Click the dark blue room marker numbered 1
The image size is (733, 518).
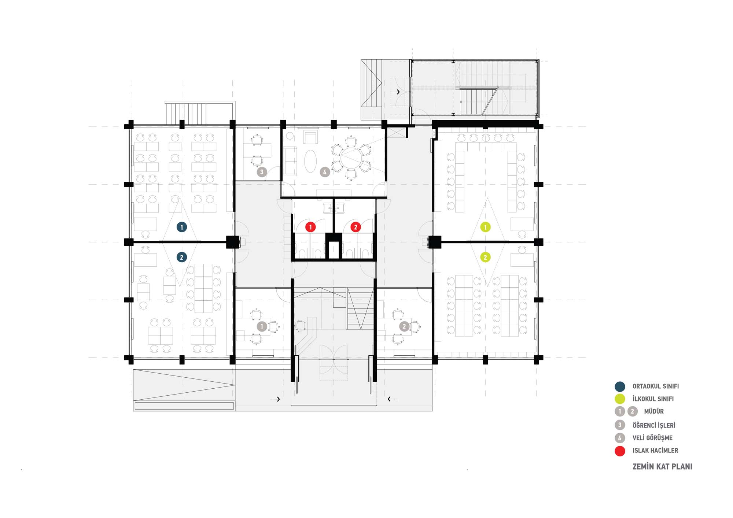pos(182,227)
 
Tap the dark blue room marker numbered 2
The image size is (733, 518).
pos(182,257)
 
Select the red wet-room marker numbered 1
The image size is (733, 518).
pos(310,227)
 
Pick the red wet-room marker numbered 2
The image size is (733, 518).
pos(356,227)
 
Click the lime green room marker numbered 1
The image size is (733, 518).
pos(486,227)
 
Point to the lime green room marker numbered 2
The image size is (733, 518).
pos(486,257)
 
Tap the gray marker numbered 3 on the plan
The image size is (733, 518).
pos(262,172)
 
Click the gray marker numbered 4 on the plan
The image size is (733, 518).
pos(325,172)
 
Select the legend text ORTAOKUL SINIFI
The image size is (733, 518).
pos(656,386)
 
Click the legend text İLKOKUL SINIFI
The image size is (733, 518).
pos(653,399)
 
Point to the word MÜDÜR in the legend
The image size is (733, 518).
pos(654,411)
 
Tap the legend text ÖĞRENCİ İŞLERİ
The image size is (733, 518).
pos(654,425)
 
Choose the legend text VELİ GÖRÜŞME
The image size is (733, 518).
pos(652,438)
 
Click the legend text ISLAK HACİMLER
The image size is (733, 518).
pos(655,451)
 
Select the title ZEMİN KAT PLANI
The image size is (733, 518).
pos(662,467)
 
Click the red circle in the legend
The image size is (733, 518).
pos(620,451)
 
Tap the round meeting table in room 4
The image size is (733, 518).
pos(351,158)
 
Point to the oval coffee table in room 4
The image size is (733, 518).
pos(310,161)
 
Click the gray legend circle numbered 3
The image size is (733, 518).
pos(620,425)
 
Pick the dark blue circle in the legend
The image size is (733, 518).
pos(620,386)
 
